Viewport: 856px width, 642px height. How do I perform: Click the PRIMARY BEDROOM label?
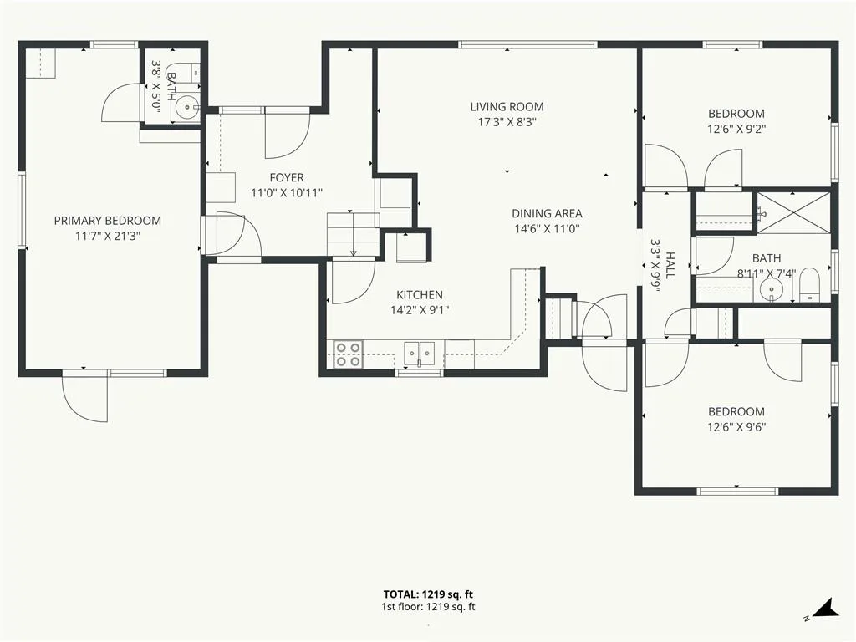[x=108, y=221]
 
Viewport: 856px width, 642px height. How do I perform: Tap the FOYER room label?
[x=287, y=177]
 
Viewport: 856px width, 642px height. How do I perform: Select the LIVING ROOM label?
[x=507, y=106]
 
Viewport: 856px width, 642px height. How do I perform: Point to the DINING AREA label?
[x=547, y=213]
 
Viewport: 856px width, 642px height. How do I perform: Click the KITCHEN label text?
[x=420, y=295]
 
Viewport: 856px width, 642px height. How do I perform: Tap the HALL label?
[x=670, y=265]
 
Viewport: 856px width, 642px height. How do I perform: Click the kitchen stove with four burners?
[x=348, y=354]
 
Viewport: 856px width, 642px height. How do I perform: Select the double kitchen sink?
[x=420, y=354]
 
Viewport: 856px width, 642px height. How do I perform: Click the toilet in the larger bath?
[x=809, y=284]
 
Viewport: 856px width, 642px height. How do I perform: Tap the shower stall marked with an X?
[x=793, y=212]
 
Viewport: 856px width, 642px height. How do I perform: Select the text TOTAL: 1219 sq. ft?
[x=428, y=594]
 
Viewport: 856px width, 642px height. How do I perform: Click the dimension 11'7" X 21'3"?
[x=108, y=237]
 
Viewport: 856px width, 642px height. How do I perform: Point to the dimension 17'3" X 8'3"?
[x=507, y=122]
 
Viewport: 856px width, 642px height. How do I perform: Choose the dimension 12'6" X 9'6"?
[x=736, y=427]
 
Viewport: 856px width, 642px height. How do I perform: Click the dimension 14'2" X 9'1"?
[x=420, y=311]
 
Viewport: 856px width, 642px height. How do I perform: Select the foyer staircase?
[x=354, y=234]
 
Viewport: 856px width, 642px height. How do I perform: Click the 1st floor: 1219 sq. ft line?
[x=428, y=607]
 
